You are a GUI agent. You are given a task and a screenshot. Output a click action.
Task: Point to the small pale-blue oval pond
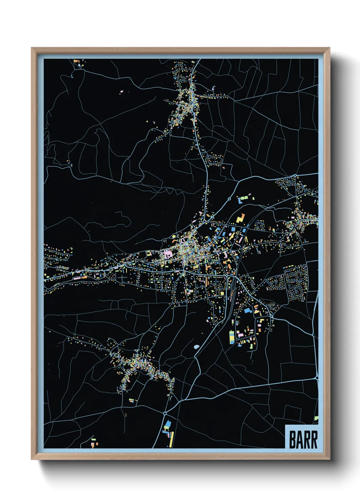197,347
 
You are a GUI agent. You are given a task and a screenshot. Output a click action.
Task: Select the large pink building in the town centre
168,254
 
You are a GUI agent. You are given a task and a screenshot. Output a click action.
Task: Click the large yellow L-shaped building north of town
241,218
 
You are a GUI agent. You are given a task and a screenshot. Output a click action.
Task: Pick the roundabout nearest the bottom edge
165,413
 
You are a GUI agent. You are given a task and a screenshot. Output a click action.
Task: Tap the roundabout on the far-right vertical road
317,377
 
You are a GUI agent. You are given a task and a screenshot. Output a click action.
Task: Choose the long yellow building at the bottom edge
172,439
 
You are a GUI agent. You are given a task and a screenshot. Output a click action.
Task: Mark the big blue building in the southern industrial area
247,311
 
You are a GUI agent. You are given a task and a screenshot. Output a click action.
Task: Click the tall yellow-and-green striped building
232,337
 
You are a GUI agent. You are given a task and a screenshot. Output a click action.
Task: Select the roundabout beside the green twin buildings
229,199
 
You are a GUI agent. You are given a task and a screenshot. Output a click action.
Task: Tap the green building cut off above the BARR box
316,418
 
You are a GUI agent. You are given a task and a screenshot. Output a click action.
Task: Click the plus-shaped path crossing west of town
122,278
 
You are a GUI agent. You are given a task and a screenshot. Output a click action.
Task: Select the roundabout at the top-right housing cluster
295,176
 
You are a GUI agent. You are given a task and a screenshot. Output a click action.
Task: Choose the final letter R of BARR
314,440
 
